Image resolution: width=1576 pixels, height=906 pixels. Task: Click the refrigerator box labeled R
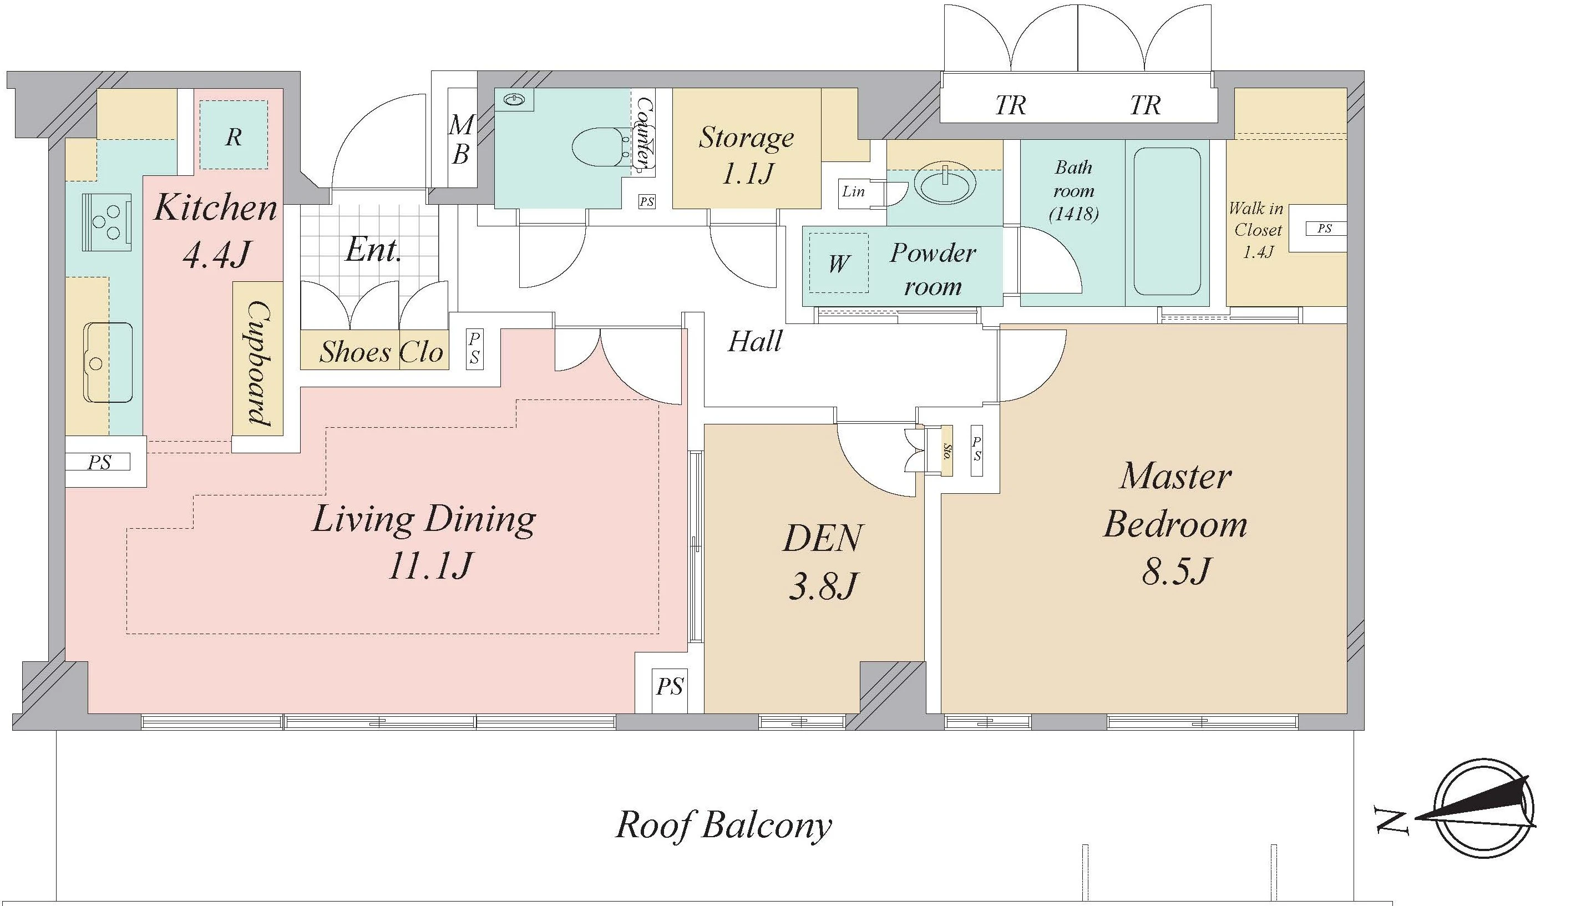(x=234, y=135)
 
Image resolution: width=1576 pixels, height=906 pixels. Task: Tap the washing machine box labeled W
(x=838, y=262)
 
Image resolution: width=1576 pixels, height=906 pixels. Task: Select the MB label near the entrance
(x=461, y=139)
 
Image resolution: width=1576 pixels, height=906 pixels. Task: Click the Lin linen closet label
(x=853, y=191)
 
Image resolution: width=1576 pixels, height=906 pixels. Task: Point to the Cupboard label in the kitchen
(x=258, y=363)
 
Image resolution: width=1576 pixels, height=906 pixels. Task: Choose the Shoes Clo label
(x=380, y=352)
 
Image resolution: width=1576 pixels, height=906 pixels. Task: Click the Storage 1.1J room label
(x=746, y=155)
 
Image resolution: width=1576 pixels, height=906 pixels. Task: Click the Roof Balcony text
(x=723, y=824)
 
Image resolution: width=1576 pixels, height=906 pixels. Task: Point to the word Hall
(x=754, y=342)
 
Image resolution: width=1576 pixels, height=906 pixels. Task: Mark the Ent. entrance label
(x=373, y=250)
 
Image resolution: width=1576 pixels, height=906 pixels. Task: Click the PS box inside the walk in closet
(x=1324, y=229)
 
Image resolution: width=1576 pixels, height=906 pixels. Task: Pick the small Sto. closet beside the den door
(x=946, y=451)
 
